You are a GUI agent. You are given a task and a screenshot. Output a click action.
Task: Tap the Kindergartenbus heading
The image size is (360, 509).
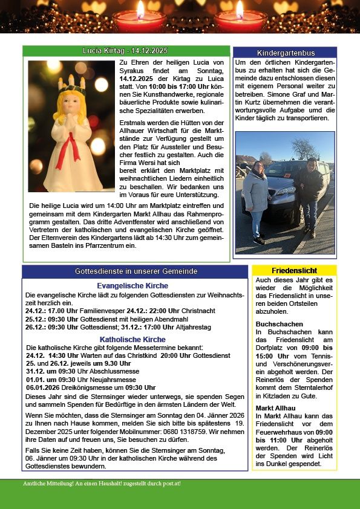tap(284, 53)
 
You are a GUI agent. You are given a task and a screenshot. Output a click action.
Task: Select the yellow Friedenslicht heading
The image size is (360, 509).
tap(294, 270)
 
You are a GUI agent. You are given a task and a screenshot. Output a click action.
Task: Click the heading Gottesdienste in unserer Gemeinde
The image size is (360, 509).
tap(135, 271)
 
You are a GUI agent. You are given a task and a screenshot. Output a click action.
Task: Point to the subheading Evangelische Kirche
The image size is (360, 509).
tap(133, 286)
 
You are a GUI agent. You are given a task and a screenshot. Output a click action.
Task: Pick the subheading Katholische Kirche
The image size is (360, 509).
tap(133, 340)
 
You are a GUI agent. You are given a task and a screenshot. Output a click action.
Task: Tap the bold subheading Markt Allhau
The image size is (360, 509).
tap(276, 408)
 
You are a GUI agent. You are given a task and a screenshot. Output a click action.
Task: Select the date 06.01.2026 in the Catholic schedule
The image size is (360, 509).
tap(44, 387)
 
